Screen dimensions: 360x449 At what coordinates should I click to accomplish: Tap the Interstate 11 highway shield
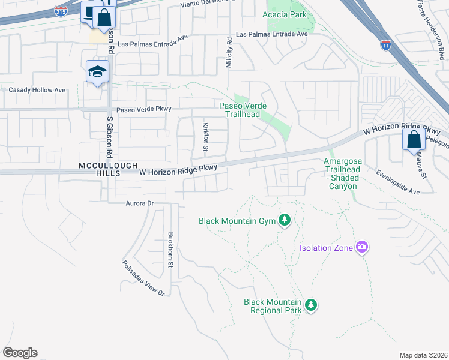click(385, 44)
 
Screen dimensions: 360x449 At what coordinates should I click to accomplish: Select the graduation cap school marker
click(97, 73)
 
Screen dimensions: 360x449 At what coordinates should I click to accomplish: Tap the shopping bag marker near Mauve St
click(414, 140)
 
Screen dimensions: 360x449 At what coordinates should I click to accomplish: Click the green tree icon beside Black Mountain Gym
click(285, 221)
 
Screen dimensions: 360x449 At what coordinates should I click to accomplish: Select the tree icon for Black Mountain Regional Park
click(310, 305)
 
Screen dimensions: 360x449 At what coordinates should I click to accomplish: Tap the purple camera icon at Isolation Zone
click(361, 247)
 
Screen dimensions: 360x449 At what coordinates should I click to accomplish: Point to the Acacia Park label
click(285, 14)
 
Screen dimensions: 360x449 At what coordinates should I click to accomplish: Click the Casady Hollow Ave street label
click(37, 90)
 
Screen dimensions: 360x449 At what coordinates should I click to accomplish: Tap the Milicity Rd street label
click(229, 53)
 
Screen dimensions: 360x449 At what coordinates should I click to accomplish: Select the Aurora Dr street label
click(140, 203)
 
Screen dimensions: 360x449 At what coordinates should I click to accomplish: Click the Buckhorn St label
click(170, 249)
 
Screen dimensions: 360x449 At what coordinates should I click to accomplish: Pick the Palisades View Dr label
click(143, 278)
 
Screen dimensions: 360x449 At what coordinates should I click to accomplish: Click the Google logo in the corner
click(20, 353)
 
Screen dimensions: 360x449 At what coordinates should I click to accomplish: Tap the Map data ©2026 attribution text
click(423, 355)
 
